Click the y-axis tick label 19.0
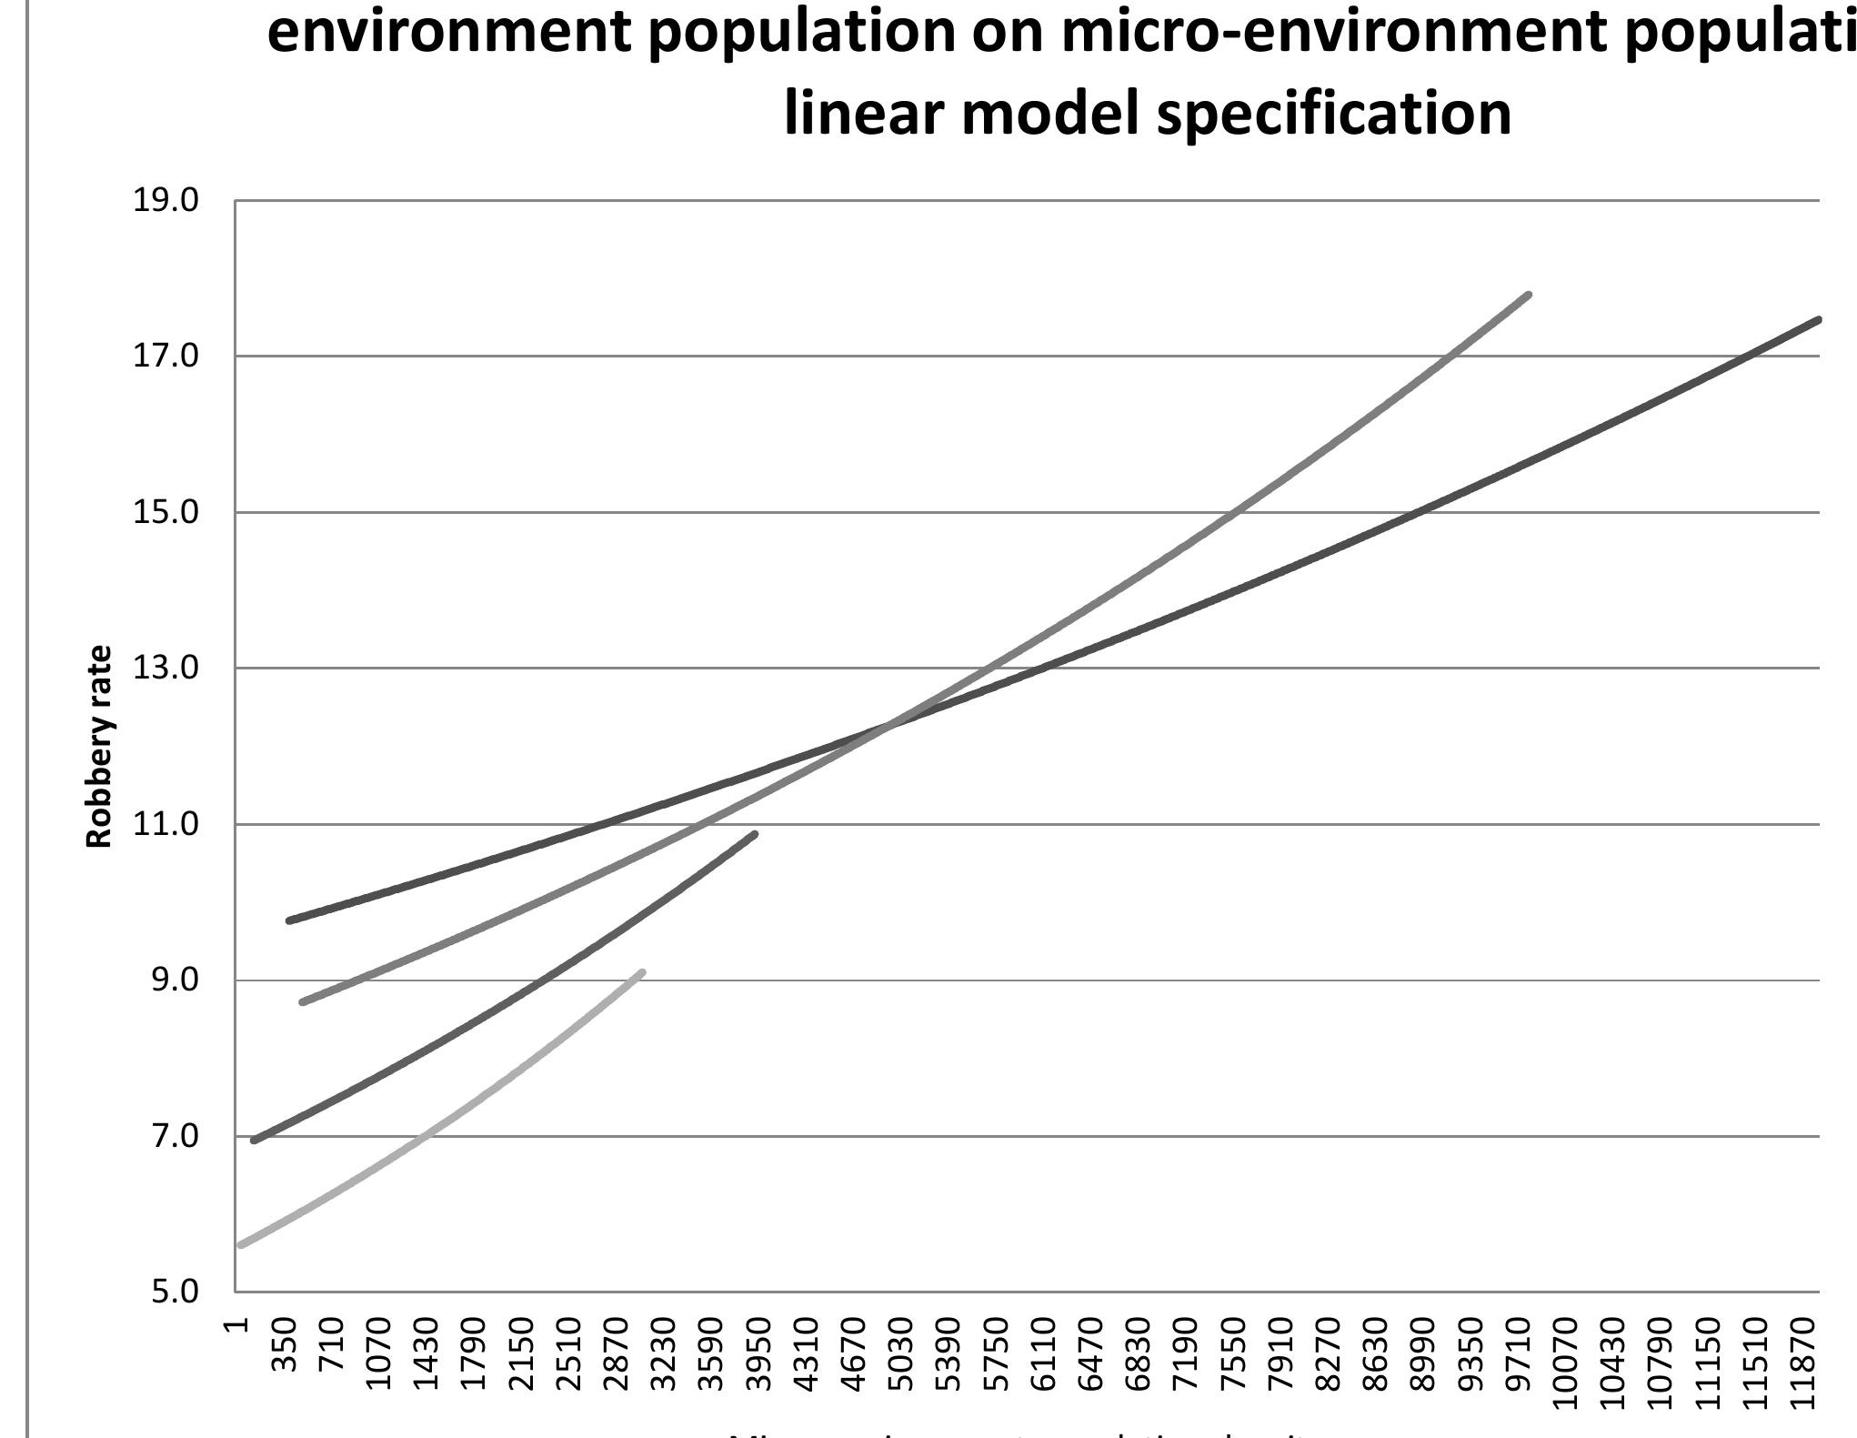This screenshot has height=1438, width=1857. pos(166,201)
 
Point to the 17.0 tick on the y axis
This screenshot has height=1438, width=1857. pos(166,357)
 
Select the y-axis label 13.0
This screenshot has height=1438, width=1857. pos(166,669)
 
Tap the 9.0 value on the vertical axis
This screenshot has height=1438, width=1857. pos(166,980)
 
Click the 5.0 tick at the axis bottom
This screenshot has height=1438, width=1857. pos(166,1292)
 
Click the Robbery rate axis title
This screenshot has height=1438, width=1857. pos(99,746)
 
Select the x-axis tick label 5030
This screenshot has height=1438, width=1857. pos(899,1353)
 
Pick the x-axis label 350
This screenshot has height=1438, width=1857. pos(286,1348)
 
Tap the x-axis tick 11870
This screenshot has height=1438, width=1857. pos(1802,1358)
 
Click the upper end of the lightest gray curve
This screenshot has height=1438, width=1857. pos(643,972)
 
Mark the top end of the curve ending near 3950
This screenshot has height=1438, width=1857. pos(755,833)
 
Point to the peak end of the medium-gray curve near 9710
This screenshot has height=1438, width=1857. pos(1530,295)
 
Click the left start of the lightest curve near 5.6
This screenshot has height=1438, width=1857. pos(241,1245)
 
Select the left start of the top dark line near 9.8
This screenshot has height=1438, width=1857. pos(289,920)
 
